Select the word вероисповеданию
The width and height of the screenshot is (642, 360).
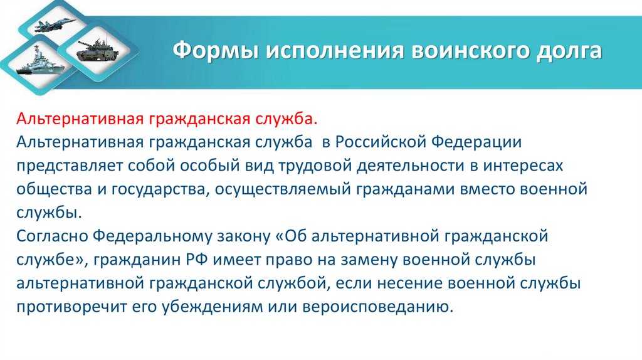pos(377,307)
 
